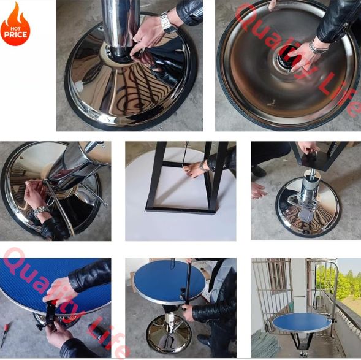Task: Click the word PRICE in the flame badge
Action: [15, 35]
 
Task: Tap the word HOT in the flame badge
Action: [15, 29]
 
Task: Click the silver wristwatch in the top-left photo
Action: [167, 21]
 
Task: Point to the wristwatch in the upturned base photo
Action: [318, 48]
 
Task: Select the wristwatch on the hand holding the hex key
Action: [42, 211]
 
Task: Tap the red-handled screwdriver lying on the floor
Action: [5, 335]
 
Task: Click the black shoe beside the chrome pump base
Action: [259, 171]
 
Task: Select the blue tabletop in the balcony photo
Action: [302, 322]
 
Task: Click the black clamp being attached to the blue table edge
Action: [49, 314]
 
